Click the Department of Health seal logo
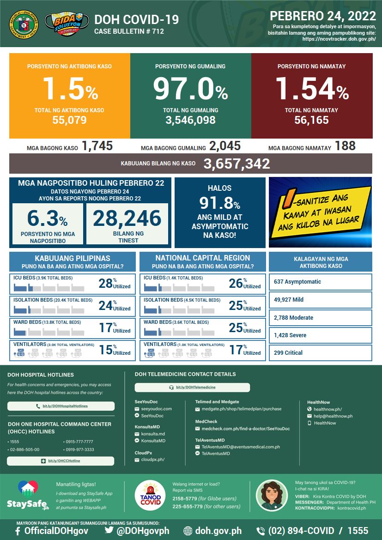click(x=23, y=23)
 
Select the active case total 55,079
click(x=69, y=121)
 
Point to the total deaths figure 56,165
click(x=311, y=121)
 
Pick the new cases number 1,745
click(x=97, y=146)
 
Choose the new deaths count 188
click(x=346, y=146)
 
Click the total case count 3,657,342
click(x=237, y=164)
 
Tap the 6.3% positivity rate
click(x=47, y=218)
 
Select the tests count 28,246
click(x=127, y=218)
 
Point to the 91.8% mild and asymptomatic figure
click(x=220, y=203)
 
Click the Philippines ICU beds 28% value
click(x=106, y=283)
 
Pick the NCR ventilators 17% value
click(x=236, y=350)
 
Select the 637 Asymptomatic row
click(x=320, y=282)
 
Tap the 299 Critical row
click(x=320, y=353)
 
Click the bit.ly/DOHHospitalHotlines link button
click(x=61, y=406)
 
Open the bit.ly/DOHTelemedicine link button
click(x=192, y=387)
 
